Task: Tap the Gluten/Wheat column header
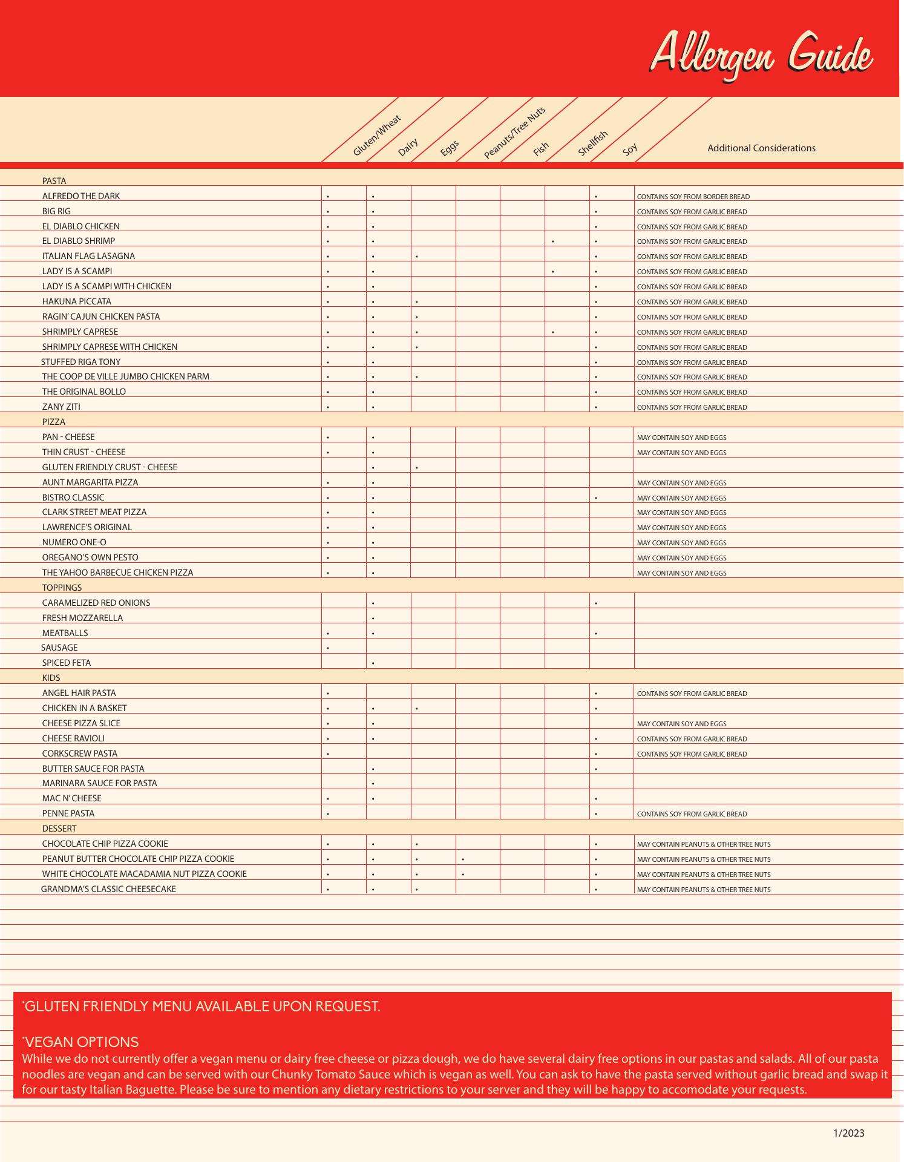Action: pos(376,136)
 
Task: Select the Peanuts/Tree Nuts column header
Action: pos(514,133)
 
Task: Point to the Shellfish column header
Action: pos(592,143)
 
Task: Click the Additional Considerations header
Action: pos(761,148)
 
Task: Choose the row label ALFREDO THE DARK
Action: pos(81,196)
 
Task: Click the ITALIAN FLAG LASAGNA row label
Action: pos(88,256)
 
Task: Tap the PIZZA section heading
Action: pos(54,422)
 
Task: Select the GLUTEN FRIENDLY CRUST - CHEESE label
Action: pos(110,467)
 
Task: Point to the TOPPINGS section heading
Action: pos(62,588)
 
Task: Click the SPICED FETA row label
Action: pos(67,663)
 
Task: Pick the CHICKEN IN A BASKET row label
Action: pos(85,708)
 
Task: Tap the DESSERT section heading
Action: pos(59,829)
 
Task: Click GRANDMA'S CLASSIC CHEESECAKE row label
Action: pos(108,889)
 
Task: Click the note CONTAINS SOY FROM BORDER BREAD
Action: pos(693,197)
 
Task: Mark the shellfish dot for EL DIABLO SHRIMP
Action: pos(553,241)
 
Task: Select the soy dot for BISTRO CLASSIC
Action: pos(596,498)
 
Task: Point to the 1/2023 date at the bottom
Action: pos(849,1133)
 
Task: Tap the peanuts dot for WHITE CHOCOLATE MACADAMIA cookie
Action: pos(463,875)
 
